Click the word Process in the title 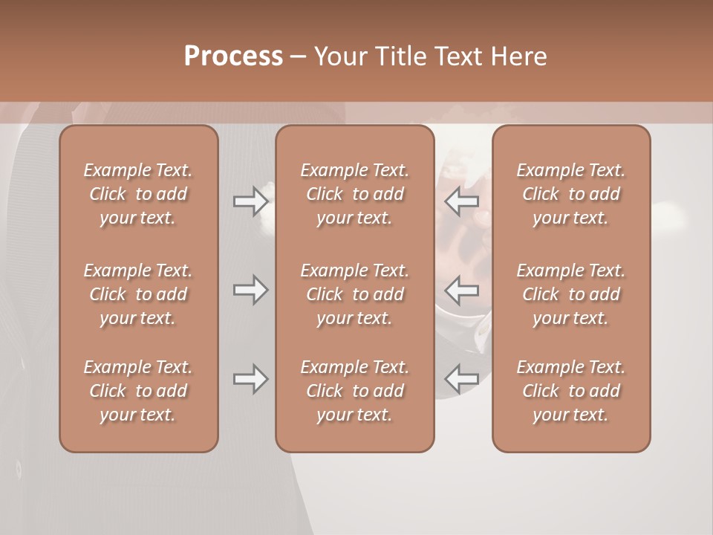[x=233, y=56]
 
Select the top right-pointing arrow [x=250, y=201]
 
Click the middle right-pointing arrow [x=250, y=290]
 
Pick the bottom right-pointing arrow [x=250, y=379]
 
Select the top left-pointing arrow [x=462, y=201]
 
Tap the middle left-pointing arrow [x=462, y=290]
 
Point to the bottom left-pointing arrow [x=462, y=379]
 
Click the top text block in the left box [x=138, y=194]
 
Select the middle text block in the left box [x=138, y=294]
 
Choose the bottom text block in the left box [x=138, y=391]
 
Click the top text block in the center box [x=354, y=194]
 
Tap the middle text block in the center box [x=354, y=294]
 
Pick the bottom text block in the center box [x=354, y=391]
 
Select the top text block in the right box [x=570, y=194]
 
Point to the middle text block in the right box [x=570, y=294]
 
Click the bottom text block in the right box [x=570, y=391]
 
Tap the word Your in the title [x=339, y=56]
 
